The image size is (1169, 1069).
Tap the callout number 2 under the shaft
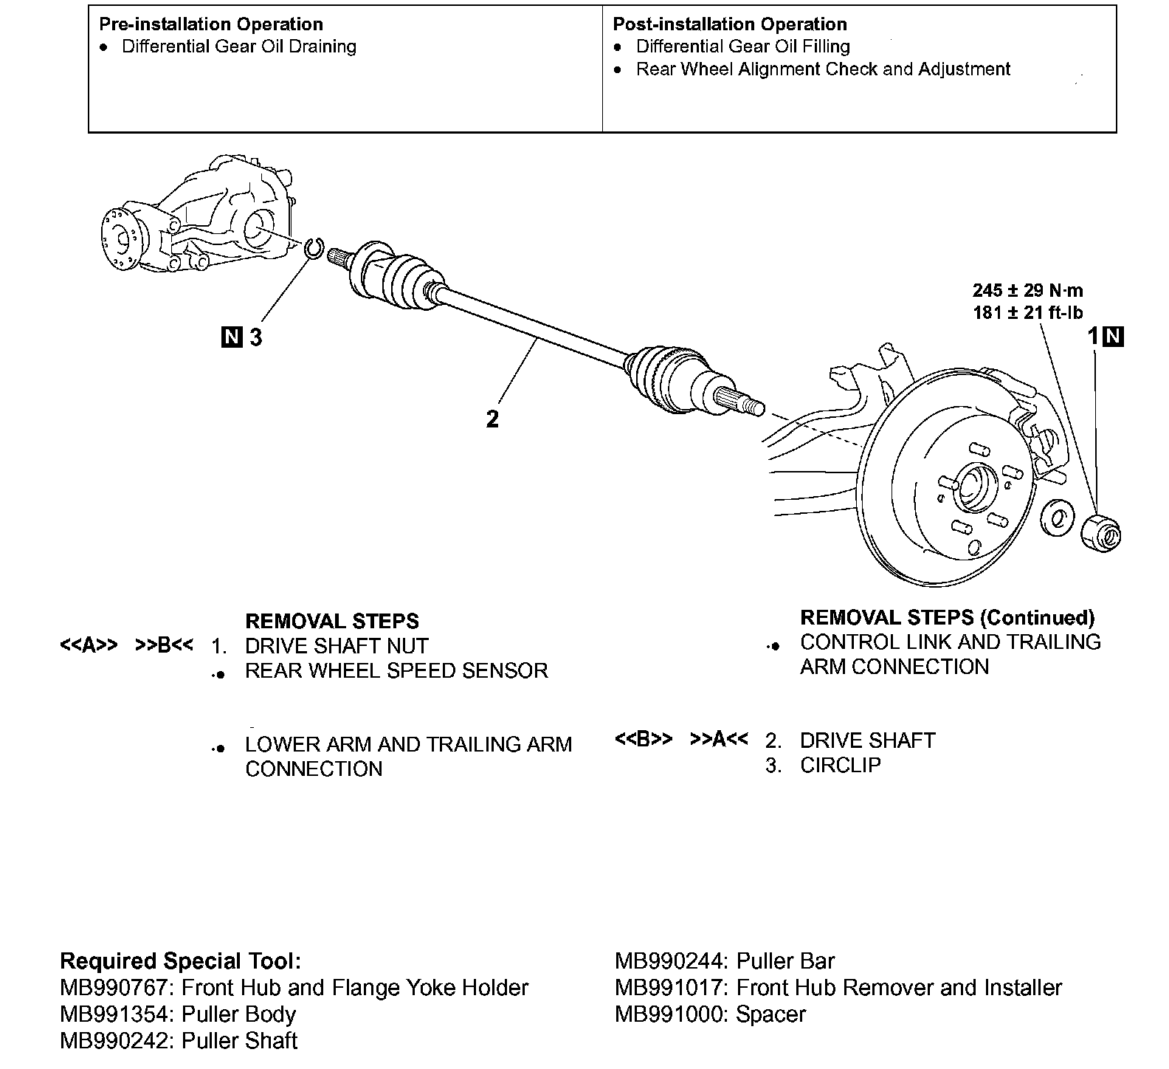click(x=492, y=419)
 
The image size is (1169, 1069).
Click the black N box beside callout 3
click(x=232, y=337)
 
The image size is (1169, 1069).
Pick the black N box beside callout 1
click(x=1114, y=337)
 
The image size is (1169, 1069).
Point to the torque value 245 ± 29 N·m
click(x=1028, y=290)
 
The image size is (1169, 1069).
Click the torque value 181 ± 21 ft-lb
click(x=1028, y=312)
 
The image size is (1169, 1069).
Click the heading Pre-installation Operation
click(x=211, y=24)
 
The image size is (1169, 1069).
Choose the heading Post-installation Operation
click(x=730, y=24)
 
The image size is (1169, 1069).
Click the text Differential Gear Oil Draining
click(x=239, y=47)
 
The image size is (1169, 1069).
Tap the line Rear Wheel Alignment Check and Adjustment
click(x=823, y=69)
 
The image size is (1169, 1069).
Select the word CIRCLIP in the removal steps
click(x=841, y=765)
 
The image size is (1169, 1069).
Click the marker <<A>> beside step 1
click(x=89, y=646)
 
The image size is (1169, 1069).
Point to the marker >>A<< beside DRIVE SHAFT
click(x=719, y=740)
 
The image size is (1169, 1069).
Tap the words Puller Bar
click(x=786, y=961)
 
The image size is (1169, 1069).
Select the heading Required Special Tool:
click(x=181, y=961)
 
